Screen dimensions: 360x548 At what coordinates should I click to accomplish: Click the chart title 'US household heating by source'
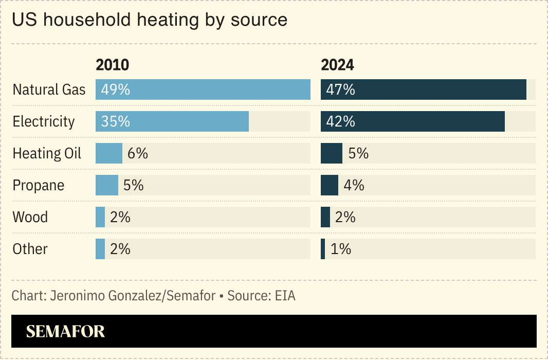click(x=149, y=20)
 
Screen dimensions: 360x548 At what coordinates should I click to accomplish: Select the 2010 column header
click(x=112, y=65)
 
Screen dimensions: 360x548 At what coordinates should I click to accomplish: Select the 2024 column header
click(x=337, y=65)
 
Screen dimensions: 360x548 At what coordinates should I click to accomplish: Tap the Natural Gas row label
click(x=49, y=89)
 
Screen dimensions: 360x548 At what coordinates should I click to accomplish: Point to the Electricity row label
click(x=44, y=121)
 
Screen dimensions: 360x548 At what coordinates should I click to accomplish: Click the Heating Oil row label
click(x=47, y=153)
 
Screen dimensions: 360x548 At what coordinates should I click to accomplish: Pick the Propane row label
click(x=39, y=185)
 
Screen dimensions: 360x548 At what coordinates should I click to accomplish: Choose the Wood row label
click(x=30, y=217)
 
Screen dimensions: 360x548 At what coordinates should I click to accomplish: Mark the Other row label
click(x=30, y=249)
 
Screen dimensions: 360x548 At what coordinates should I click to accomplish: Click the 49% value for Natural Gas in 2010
click(x=115, y=89)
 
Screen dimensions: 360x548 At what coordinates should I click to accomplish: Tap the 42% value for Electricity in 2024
click(x=340, y=121)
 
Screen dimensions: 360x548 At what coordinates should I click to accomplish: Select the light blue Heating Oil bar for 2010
click(x=109, y=153)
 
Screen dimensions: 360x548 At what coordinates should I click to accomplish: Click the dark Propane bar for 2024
click(x=330, y=185)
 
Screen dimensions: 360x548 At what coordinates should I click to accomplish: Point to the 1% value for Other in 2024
click(x=340, y=249)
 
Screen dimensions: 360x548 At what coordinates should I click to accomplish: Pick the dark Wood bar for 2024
click(x=325, y=217)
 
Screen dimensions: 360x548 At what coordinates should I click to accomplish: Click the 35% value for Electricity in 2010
click(x=115, y=121)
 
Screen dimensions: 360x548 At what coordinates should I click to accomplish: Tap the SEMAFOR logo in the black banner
click(x=65, y=332)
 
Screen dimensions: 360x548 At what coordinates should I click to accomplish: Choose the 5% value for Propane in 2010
click(x=133, y=185)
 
